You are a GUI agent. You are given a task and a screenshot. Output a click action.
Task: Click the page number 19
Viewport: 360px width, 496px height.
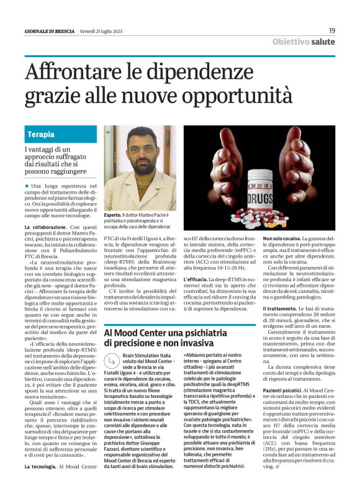[x=332, y=30]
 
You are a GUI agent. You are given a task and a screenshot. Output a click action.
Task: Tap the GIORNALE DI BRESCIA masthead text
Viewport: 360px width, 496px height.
[x=49, y=30]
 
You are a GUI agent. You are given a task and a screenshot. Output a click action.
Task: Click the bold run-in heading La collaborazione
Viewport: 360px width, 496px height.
[x=47, y=228]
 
